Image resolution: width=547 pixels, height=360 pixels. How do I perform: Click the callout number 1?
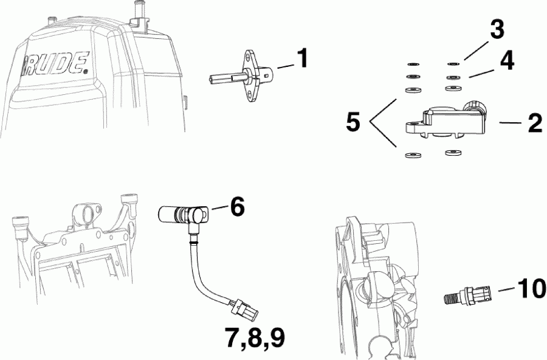point(301,60)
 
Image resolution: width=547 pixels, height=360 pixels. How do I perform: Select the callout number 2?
point(535,123)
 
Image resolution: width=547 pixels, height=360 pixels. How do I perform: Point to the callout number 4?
point(507,61)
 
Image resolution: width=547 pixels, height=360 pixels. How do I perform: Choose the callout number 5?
point(353,123)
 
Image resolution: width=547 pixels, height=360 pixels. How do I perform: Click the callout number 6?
point(237,207)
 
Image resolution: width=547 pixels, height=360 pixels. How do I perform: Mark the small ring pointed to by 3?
point(452,63)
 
